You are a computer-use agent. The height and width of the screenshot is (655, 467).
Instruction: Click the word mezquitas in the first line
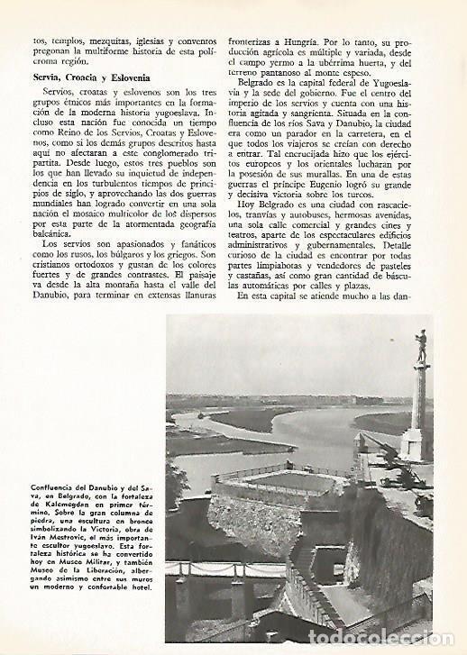click(x=104, y=41)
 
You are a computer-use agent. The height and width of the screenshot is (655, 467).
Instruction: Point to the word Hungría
click(x=318, y=41)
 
